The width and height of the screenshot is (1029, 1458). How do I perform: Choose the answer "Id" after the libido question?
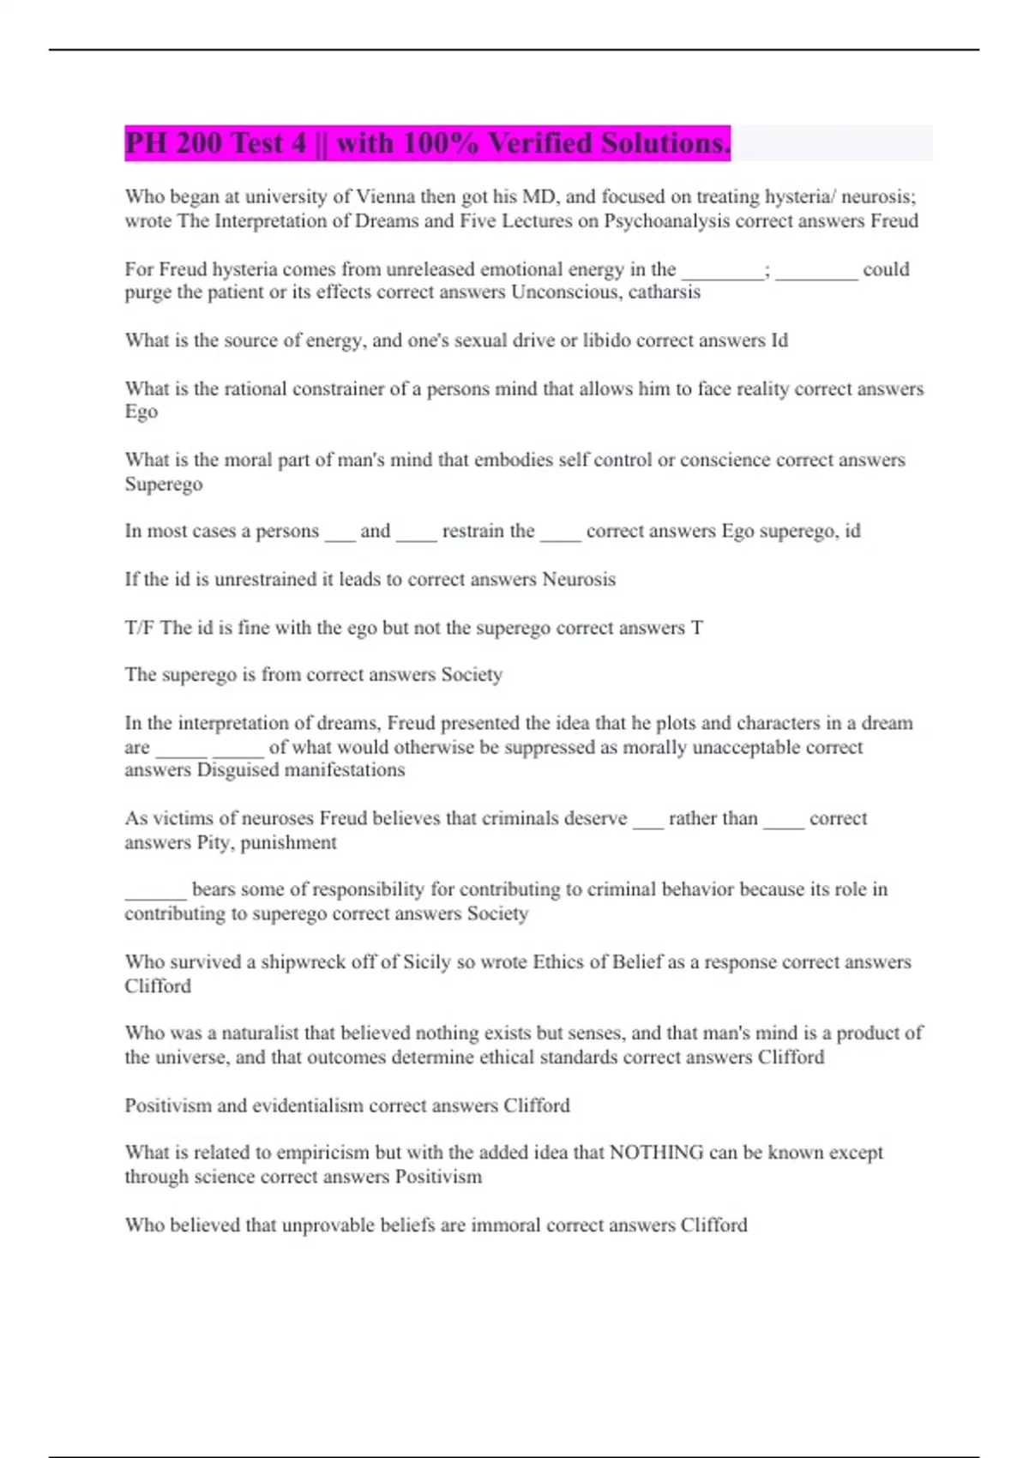coord(779,340)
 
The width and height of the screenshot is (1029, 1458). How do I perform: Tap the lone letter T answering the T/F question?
coord(697,628)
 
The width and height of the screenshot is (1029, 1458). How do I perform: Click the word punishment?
coord(288,842)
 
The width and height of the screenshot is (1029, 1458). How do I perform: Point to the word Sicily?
coord(426,962)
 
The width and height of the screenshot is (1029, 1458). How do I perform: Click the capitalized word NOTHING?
coord(656,1153)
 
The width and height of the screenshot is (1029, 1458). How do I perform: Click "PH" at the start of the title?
coord(146,142)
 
